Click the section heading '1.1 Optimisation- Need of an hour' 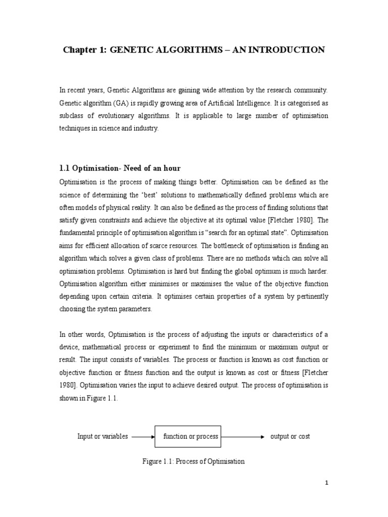click(x=120, y=168)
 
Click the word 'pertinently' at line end click(x=309, y=297)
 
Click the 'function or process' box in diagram click(x=190, y=436)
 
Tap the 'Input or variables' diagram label click(x=103, y=436)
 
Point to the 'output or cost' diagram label click(x=290, y=436)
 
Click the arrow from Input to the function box click(x=143, y=437)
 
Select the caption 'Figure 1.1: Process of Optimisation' click(x=194, y=461)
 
